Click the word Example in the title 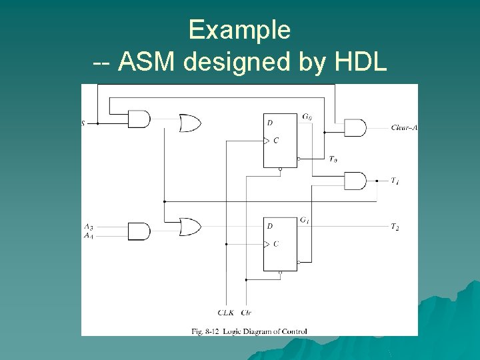pos(239,30)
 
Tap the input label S pos(83,123)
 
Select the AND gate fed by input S pos(139,120)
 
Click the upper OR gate pos(190,123)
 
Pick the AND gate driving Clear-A pos(355,127)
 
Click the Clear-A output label pos(404,127)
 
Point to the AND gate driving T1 pos(355,181)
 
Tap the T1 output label pos(395,181)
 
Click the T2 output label pos(395,227)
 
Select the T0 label pos(333,159)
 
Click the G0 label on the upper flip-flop pos(306,117)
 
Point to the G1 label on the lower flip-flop pos(305,220)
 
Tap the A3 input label pos(89,227)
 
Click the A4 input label pos(89,235)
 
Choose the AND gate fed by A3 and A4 pos(139,231)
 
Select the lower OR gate pos(190,227)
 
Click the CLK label pos(225,312)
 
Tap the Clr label pos(247,312)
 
